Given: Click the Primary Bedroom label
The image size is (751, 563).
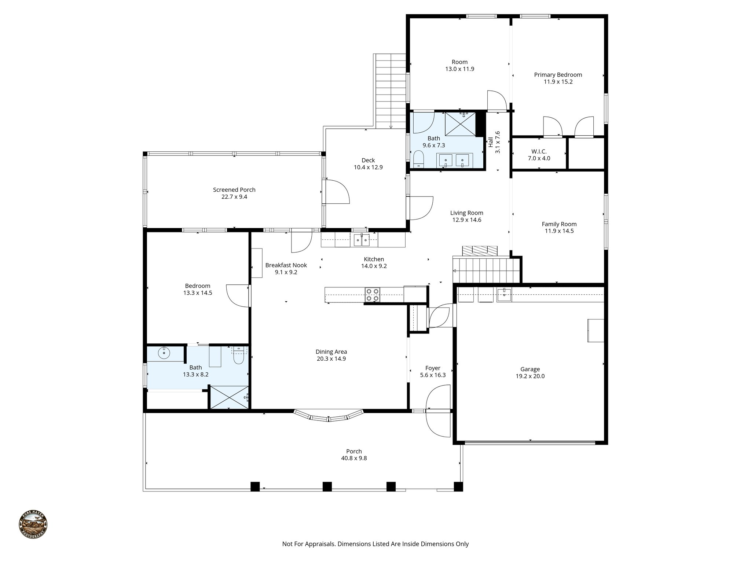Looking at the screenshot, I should [558, 75].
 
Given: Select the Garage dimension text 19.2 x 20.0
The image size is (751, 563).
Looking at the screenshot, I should [530, 376].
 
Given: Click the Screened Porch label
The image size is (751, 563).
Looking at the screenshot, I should [234, 190].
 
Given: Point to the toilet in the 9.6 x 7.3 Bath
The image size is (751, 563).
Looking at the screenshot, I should [418, 160].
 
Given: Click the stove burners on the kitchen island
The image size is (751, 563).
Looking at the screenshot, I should [372, 295].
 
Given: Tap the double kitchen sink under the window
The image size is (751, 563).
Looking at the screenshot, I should [362, 241].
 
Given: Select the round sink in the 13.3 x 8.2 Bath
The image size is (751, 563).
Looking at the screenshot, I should [164, 353].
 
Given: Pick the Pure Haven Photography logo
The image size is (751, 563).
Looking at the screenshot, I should [33, 525].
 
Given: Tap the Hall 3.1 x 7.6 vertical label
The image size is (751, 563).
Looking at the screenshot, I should [494, 142].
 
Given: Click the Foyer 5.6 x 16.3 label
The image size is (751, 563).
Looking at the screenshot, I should [433, 371].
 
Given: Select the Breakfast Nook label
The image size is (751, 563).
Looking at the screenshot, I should [286, 265].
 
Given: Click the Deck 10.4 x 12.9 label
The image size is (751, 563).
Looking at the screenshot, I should [368, 163].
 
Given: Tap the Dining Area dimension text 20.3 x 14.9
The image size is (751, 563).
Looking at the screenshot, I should [331, 359].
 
